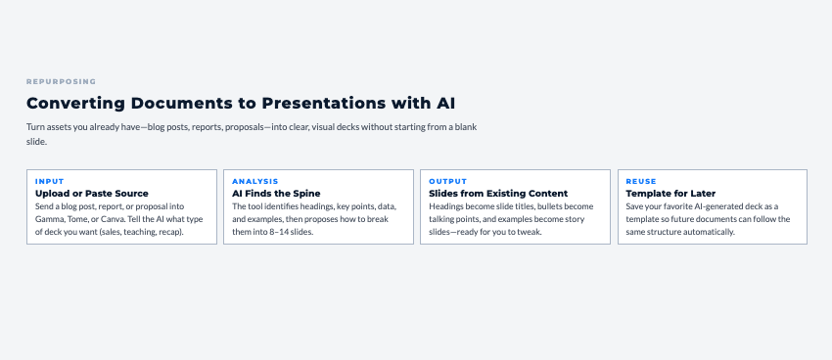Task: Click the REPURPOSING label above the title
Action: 61,81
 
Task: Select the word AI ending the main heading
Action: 445,104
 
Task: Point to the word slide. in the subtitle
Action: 36,142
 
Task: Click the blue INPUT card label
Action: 49,181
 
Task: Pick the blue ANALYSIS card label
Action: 255,181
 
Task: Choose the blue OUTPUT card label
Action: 448,181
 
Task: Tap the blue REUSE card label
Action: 641,181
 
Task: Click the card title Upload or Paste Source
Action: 92,194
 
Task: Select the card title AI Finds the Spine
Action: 276,194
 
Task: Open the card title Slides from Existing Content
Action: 498,194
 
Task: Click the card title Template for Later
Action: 670,194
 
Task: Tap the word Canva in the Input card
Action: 112,219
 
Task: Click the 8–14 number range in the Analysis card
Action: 275,232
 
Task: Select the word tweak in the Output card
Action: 529,232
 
